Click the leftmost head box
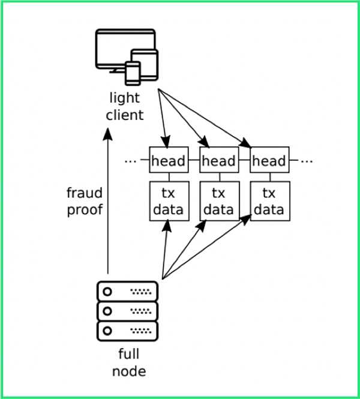coord(168,161)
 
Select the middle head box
coord(218,161)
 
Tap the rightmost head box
coord(269,161)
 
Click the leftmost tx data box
coord(168,201)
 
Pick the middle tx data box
coord(218,201)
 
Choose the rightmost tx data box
coord(269,201)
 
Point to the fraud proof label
coord(85,201)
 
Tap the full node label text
coord(128,362)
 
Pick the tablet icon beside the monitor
coord(147,63)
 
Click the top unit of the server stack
coord(127,292)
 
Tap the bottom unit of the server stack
coord(127,330)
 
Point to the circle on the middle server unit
coord(108,311)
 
